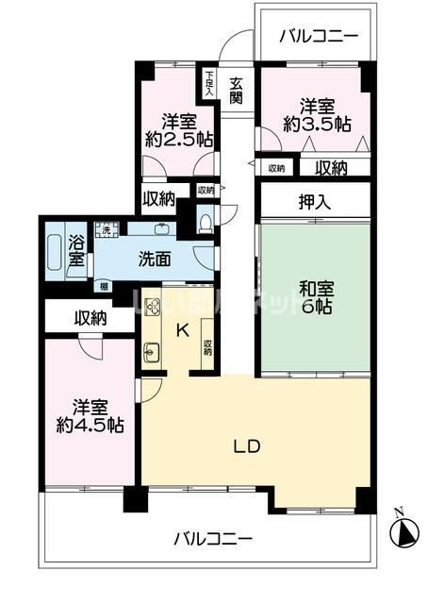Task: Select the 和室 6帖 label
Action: click(315, 298)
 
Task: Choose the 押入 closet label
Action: click(315, 200)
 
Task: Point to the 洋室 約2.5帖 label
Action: click(178, 130)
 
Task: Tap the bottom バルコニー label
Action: click(212, 539)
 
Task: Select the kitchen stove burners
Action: click(153, 307)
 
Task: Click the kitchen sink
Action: click(153, 354)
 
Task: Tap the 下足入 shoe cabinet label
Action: click(206, 83)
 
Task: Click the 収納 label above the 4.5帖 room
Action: click(90, 319)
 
